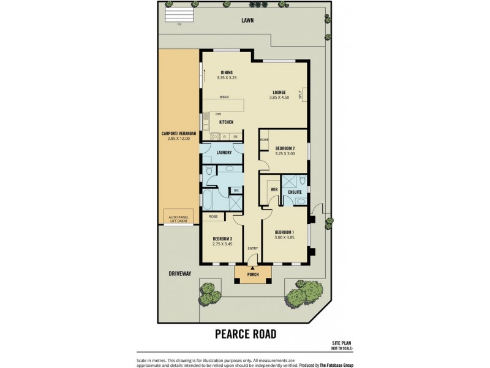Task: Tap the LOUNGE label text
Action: [x=279, y=92]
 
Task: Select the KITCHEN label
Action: [x=226, y=122]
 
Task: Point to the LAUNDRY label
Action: [x=224, y=152]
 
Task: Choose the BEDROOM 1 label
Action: [x=285, y=232]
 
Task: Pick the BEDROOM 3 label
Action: [x=222, y=239]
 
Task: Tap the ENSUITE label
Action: [x=295, y=193]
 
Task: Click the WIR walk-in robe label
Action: [x=274, y=190]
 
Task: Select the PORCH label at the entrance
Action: [x=252, y=275]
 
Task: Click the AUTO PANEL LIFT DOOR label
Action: [x=177, y=218]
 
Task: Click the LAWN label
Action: [x=247, y=20]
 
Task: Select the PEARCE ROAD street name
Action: [x=245, y=334]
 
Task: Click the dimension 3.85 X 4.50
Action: [x=279, y=98]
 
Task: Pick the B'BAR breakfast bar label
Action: [x=225, y=98]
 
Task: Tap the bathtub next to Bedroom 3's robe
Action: [x=208, y=200]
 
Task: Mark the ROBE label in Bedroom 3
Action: [x=214, y=217]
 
